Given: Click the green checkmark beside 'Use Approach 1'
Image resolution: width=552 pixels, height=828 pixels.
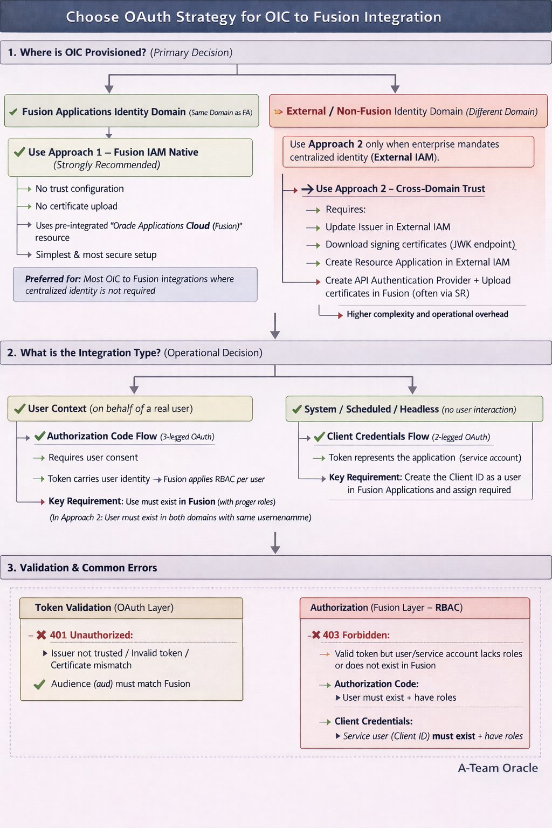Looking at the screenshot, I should click(19, 152).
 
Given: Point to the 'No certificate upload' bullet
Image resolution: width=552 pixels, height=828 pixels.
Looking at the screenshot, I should click(76, 206).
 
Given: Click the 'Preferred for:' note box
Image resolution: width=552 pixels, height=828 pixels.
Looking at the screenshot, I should click(135, 284).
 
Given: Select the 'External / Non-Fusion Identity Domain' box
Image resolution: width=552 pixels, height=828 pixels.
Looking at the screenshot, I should click(408, 111).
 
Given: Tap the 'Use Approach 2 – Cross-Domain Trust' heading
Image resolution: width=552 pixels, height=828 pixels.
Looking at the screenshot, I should click(400, 189).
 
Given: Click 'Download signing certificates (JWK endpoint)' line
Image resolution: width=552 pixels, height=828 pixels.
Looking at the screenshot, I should click(420, 244).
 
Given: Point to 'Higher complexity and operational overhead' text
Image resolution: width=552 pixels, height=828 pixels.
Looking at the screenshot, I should click(427, 314).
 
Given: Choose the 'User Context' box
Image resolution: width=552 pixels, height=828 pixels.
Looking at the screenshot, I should click(129, 409).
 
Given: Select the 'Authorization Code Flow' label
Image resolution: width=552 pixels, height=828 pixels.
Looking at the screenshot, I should click(102, 436).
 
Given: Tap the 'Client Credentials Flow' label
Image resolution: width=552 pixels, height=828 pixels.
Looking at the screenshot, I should click(378, 436).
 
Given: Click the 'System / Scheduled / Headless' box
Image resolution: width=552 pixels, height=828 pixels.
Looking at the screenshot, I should click(413, 409).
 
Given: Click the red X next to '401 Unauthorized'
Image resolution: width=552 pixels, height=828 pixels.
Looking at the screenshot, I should click(42, 635).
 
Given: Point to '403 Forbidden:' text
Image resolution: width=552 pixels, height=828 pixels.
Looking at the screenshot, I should click(356, 635).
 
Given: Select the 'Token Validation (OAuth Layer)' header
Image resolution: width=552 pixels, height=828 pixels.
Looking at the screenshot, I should click(104, 608).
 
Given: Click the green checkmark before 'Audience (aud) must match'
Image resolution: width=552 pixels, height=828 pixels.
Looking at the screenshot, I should click(39, 685).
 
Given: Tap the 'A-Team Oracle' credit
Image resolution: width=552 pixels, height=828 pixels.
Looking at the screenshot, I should click(498, 768).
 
